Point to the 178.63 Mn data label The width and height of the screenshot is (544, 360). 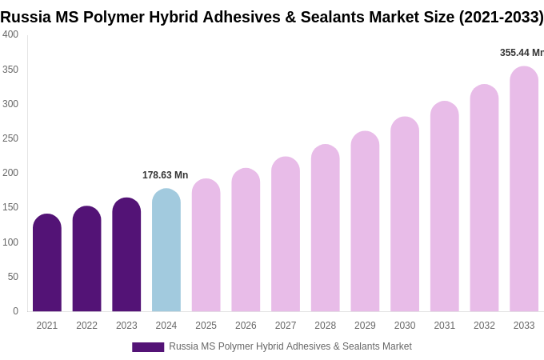click(x=165, y=175)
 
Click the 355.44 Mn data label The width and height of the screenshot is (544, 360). click(x=522, y=53)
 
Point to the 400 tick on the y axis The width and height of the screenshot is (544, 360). click(x=10, y=34)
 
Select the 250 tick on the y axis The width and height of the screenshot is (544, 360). click(x=10, y=138)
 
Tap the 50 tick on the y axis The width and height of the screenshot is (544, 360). click(x=13, y=277)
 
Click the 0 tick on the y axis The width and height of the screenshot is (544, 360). click(x=15, y=311)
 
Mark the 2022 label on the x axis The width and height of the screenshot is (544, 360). click(x=87, y=326)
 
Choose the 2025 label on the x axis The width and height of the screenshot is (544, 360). click(x=206, y=326)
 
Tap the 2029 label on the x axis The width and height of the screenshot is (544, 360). click(x=365, y=326)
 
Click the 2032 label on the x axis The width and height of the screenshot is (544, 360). click(x=484, y=326)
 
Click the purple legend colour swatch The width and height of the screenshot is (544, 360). click(x=148, y=347)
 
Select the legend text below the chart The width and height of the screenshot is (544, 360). click(x=290, y=346)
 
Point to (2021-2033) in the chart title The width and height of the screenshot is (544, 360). click(x=501, y=17)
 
